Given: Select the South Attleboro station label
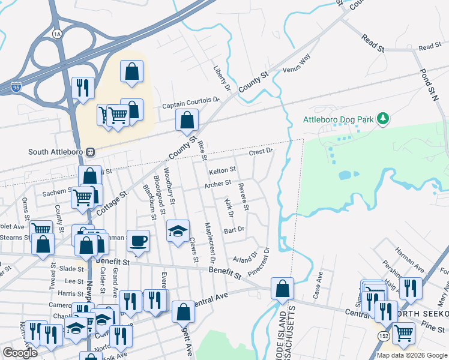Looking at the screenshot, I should (56, 152).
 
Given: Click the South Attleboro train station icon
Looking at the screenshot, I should (91, 152).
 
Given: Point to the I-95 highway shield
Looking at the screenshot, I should (16, 87).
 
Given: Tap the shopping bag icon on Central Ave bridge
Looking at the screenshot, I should (282, 289).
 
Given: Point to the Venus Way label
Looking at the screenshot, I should (296, 63).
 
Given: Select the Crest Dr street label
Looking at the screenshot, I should (261, 152).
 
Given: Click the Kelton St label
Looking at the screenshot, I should (221, 172).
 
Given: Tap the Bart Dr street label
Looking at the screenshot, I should (234, 229).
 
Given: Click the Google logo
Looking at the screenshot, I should (19, 353).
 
